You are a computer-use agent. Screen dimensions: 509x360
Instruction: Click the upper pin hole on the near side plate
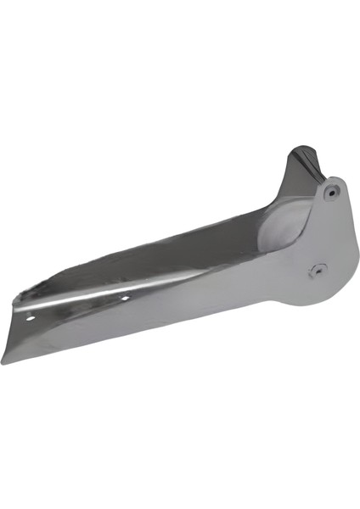pos(330,191)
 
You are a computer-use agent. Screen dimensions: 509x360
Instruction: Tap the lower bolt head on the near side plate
pos(317,269)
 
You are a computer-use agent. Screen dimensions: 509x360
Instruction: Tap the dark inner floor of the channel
pos(170,255)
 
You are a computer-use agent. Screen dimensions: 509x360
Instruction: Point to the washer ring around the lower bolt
pos(322,269)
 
